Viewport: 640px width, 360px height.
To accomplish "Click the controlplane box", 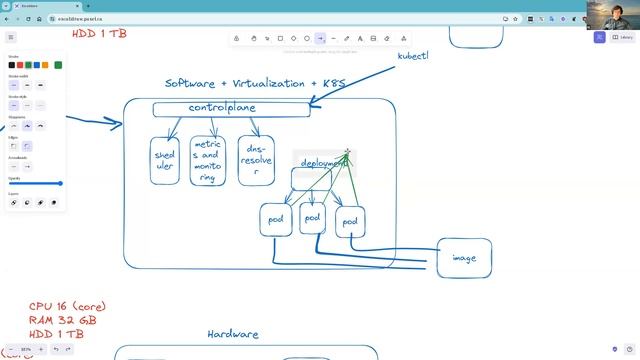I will click(231, 108).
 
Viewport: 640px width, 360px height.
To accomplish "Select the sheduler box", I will click(164, 160).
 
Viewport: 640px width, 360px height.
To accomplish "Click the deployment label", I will click(322, 162).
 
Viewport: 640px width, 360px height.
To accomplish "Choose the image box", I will click(464, 258).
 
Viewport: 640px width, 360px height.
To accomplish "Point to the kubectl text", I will click(413, 56).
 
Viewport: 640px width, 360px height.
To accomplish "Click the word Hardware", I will click(233, 334).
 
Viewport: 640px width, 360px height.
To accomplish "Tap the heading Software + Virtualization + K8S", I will click(255, 84).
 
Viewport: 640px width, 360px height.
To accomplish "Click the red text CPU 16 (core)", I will click(67, 306).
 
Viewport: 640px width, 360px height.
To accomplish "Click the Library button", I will click(622, 37).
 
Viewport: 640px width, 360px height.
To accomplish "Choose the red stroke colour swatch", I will click(23, 65).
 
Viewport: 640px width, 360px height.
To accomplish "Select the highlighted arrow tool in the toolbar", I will click(320, 38).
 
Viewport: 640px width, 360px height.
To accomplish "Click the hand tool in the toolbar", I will click(254, 38).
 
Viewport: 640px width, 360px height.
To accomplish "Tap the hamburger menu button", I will click(13, 37).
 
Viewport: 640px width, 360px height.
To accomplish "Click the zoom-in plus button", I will click(40, 349).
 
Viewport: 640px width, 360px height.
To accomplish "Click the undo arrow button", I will click(56, 349).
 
